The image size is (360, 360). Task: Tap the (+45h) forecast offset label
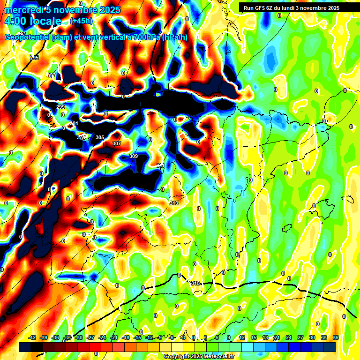pos(81,21)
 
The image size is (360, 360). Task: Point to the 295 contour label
pos(34,58)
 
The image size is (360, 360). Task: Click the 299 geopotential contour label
pos(60,107)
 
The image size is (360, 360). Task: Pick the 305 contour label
pos(100,137)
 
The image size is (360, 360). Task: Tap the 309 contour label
pos(134,156)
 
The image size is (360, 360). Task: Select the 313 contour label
pos(174,203)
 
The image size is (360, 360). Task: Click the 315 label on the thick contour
pos(196,283)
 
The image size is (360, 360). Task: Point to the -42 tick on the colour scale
pos(32,337)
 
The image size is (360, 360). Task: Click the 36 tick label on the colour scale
pos(336,337)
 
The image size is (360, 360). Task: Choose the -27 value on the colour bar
pos(90,337)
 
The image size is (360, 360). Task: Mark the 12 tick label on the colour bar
pos(242,337)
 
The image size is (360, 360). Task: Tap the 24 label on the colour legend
pos(288,337)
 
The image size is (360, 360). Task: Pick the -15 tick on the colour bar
pos(137,337)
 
